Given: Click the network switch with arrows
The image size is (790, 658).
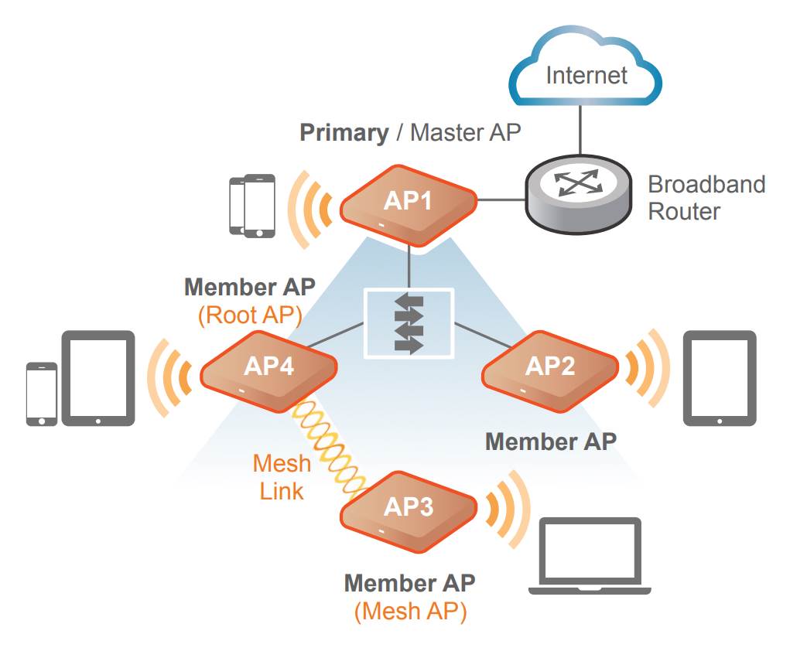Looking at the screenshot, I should pos(408,322).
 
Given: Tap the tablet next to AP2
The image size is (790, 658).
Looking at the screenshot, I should pos(720,379).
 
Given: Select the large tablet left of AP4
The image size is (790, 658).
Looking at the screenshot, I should pos(98,379).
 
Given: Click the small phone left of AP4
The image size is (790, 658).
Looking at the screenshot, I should pos(41,394).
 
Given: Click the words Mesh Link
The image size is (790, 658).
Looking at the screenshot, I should pos(282,476).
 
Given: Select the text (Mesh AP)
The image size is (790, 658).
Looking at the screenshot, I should pos(411,612).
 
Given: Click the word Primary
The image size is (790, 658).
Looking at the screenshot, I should pos(344,132).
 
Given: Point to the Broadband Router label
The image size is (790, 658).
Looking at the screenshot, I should pos(706,197).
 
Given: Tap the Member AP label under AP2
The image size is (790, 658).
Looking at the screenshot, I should pos(550,442).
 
